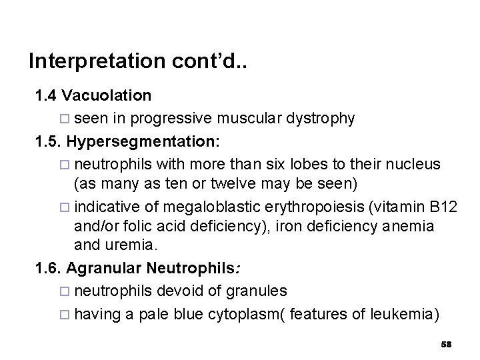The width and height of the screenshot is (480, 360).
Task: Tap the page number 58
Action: click(447, 344)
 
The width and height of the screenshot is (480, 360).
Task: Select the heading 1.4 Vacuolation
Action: click(93, 95)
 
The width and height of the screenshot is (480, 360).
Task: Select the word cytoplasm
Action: click(232, 313)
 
